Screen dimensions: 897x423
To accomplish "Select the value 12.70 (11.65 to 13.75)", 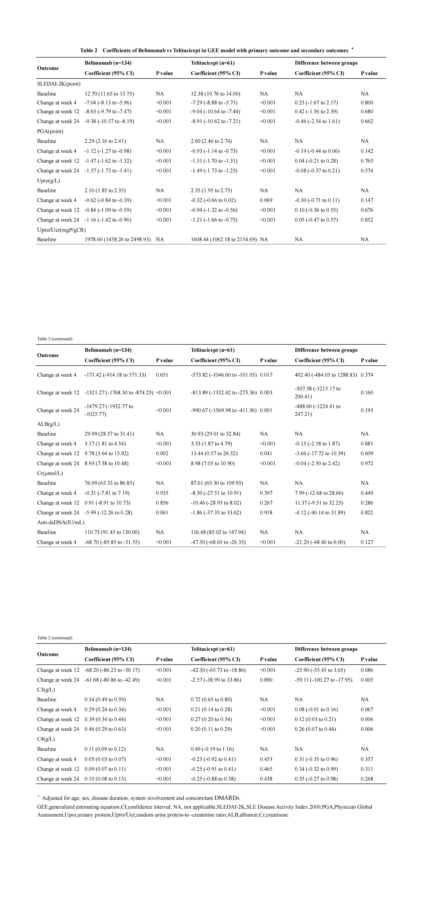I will [109, 94].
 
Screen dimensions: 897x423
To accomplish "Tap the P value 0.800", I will [367, 103].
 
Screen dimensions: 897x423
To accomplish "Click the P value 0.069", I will [266, 200].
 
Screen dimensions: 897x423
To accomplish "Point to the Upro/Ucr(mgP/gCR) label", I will [61, 230].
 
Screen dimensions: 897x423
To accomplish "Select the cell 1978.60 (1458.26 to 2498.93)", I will [117, 240].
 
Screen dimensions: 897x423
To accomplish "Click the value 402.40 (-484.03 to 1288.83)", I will [326, 375].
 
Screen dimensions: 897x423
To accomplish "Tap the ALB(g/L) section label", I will [48, 424].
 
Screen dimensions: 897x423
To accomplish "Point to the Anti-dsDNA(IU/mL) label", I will [61, 522].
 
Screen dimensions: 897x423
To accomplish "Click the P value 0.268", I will [367, 779].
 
